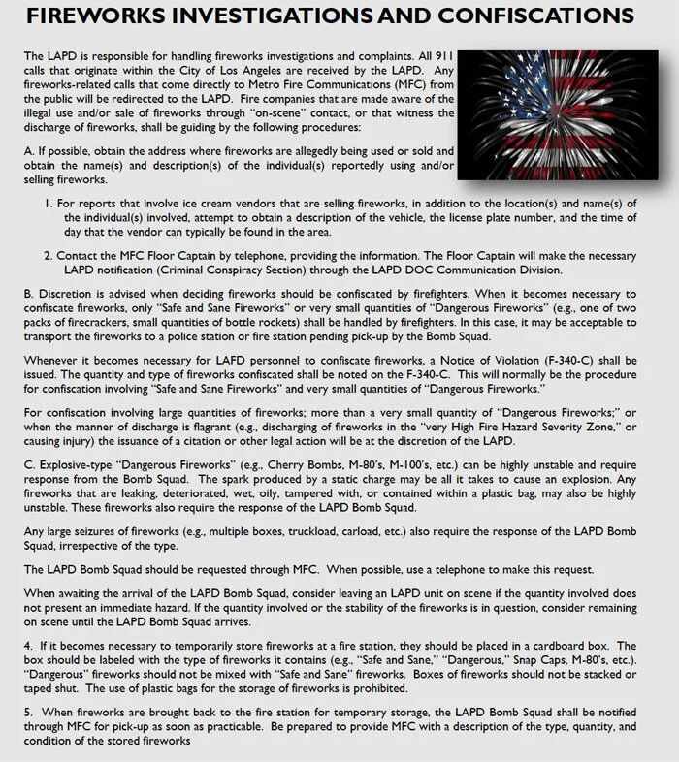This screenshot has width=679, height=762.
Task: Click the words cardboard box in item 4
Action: [578, 646]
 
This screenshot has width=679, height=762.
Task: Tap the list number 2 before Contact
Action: [48, 256]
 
